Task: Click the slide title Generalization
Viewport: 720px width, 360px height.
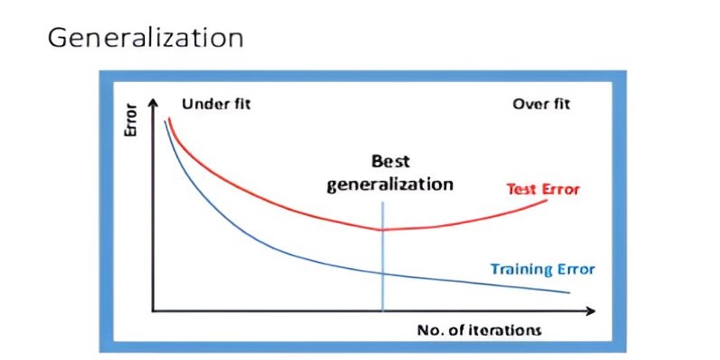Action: pyautogui.click(x=145, y=39)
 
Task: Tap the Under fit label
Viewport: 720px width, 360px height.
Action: pyautogui.click(x=216, y=104)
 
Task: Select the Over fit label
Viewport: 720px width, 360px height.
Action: pyautogui.click(x=541, y=104)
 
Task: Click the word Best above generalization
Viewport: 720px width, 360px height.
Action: pyautogui.click(x=391, y=162)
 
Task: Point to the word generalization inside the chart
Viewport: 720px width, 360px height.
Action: pyautogui.click(x=390, y=184)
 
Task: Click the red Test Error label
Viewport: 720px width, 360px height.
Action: pyautogui.click(x=543, y=189)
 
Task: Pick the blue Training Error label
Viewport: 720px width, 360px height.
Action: pyautogui.click(x=543, y=269)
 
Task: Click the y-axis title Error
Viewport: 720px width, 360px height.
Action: pyautogui.click(x=131, y=121)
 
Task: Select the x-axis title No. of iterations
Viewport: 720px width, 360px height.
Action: pyautogui.click(x=480, y=330)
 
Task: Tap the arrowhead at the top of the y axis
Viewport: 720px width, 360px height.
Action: pyautogui.click(x=153, y=102)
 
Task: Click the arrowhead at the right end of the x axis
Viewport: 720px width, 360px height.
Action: pyautogui.click(x=590, y=311)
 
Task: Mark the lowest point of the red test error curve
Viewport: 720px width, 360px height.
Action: pyautogui.click(x=382, y=229)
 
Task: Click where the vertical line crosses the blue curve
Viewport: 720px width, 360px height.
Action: pyautogui.click(x=382, y=274)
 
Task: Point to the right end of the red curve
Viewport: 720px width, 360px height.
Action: pyautogui.click(x=547, y=201)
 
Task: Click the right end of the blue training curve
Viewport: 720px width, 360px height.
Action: pyautogui.click(x=570, y=292)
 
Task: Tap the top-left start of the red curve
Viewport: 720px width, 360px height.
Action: pyautogui.click(x=169, y=119)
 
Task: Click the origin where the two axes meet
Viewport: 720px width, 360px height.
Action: pyautogui.click(x=153, y=311)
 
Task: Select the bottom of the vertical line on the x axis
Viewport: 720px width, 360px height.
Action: pyautogui.click(x=382, y=310)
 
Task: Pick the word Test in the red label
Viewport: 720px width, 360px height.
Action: pyautogui.click(x=520, y=189)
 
